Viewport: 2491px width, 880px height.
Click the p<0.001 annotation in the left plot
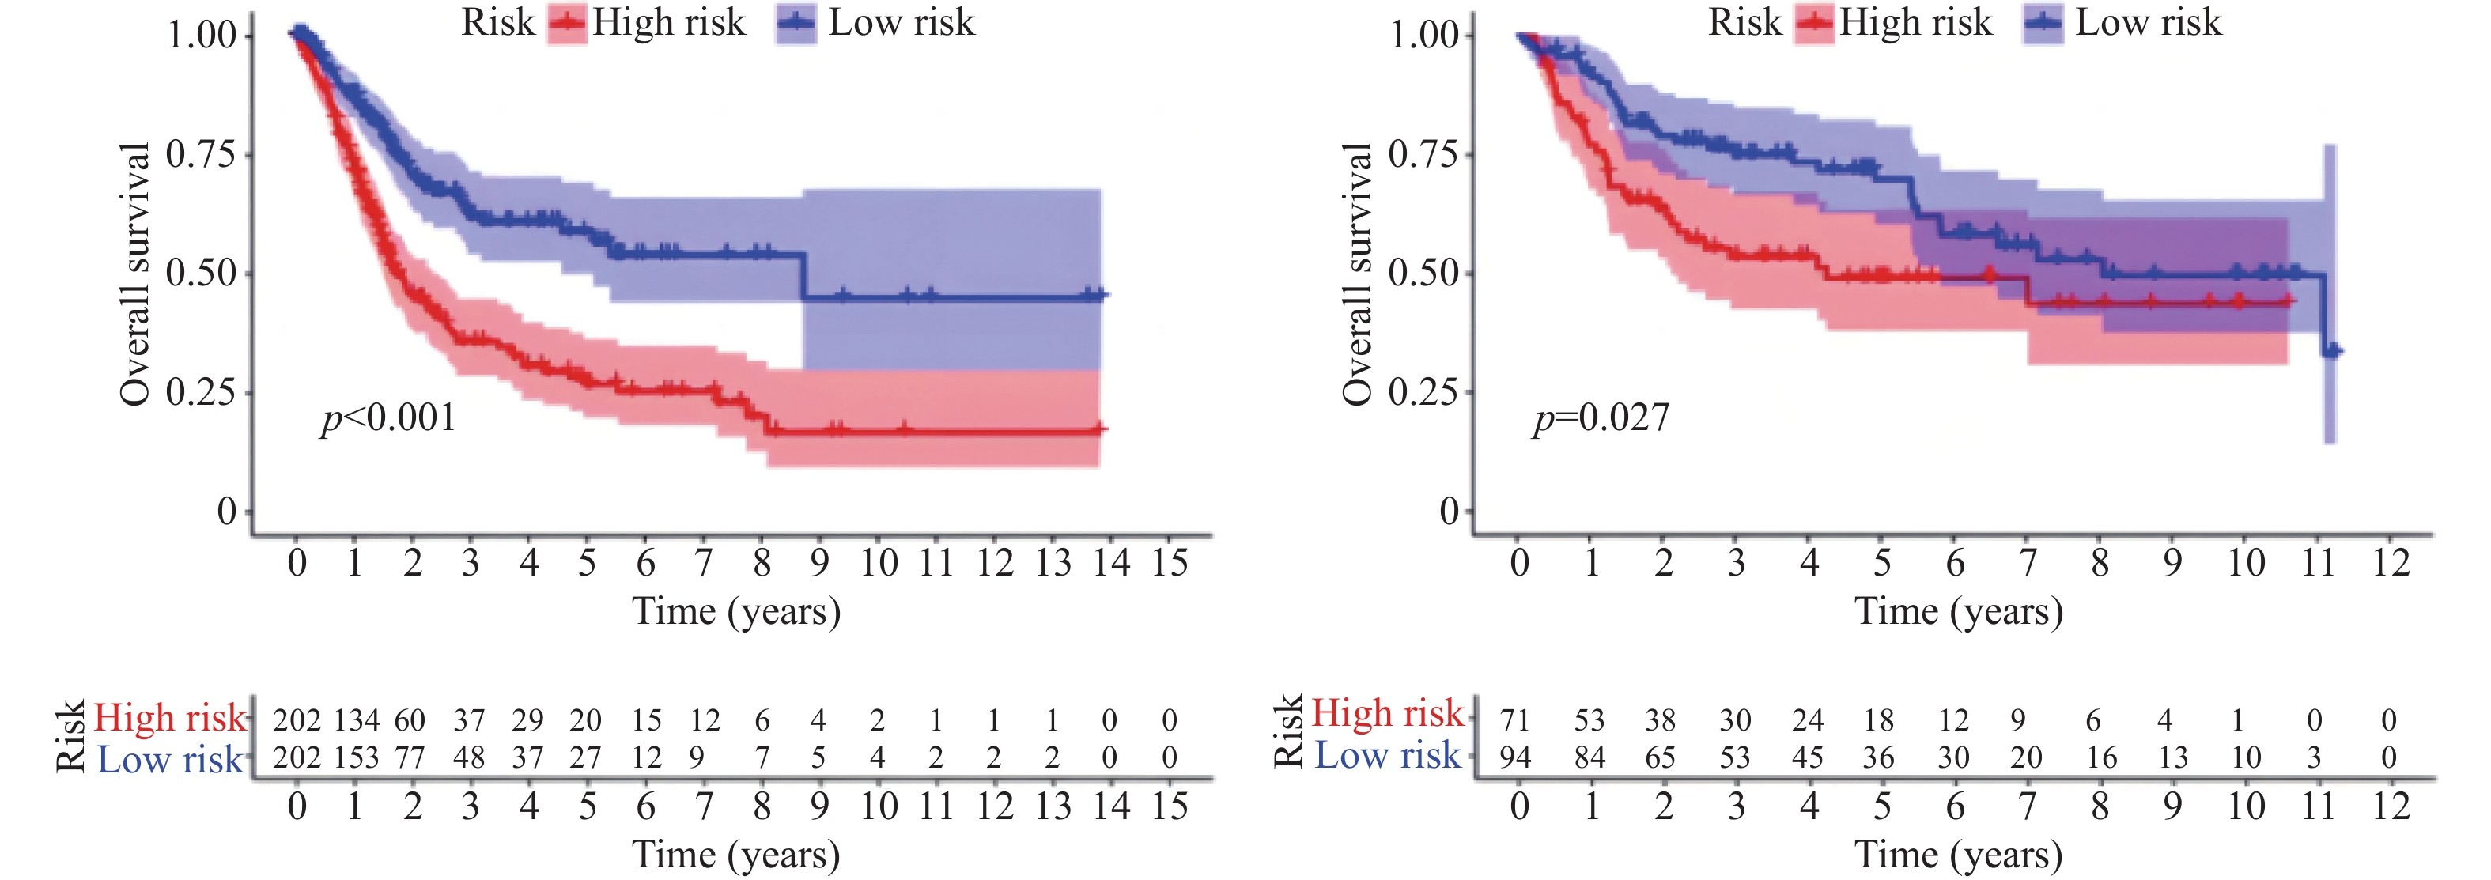coord(387,417)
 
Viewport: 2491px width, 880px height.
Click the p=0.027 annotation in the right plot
coord(1601,417)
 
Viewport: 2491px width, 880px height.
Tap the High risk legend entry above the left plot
coord(648,23)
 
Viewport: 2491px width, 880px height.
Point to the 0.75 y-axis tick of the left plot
coord(200,153)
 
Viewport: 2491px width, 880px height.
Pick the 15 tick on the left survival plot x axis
coord(1169,563)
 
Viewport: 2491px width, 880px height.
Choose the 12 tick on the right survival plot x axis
coord(2391,563)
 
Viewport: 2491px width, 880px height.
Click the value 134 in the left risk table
coord(357,720)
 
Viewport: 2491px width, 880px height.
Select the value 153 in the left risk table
coord(357,757)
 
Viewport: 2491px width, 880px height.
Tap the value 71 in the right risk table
coord(1515,720)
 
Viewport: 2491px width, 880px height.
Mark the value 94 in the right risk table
coord(1515,757)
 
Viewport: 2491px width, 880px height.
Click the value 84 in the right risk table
coord(1589,757)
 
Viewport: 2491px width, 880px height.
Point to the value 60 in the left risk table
coord(410,720)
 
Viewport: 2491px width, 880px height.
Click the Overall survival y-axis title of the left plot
coord(135,274)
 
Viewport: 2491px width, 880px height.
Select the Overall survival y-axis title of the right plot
coord(1357,274)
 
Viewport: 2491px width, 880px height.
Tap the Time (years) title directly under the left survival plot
coord(736,612)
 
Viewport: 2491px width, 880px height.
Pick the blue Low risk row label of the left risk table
coord(170,760)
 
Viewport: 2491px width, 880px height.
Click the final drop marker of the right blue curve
coord(2330,350)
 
